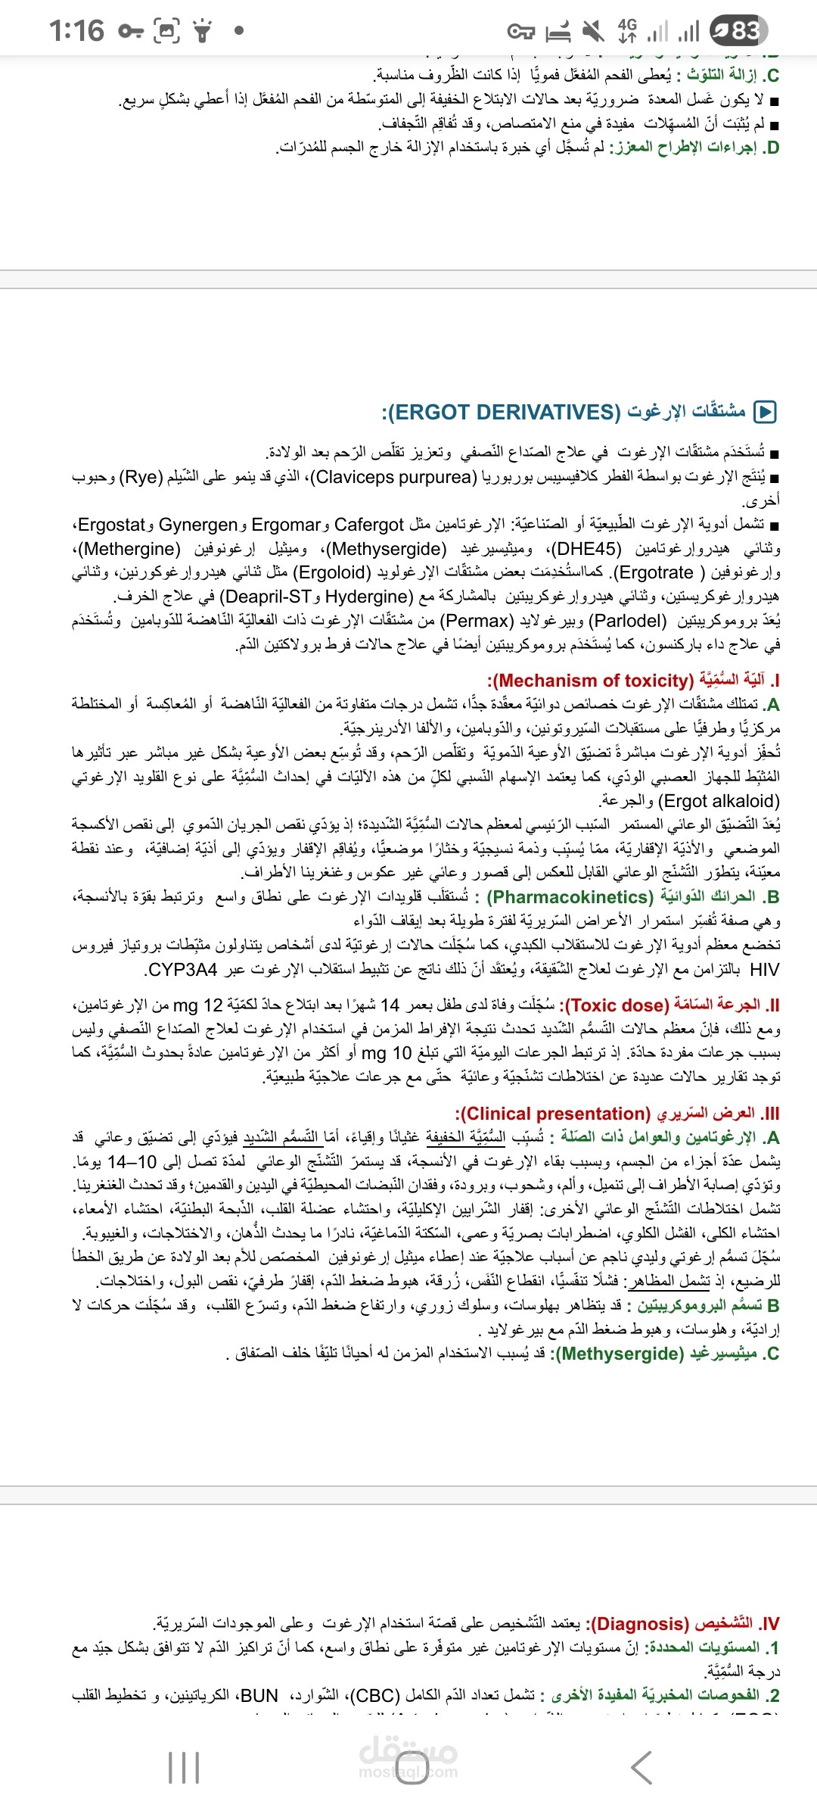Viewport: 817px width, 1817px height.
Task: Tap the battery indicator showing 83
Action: pos(738,30)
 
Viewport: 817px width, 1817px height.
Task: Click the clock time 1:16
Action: pos(76,31)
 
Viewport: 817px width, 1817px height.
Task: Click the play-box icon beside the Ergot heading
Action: pos(766,412)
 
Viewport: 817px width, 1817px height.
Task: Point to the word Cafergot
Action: pos(369,525)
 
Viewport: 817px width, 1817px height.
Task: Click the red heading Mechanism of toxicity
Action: pos(592,681)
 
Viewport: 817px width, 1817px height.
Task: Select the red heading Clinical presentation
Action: pos(553,1114)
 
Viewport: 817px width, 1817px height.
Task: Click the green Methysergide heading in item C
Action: pos(620,1354)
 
